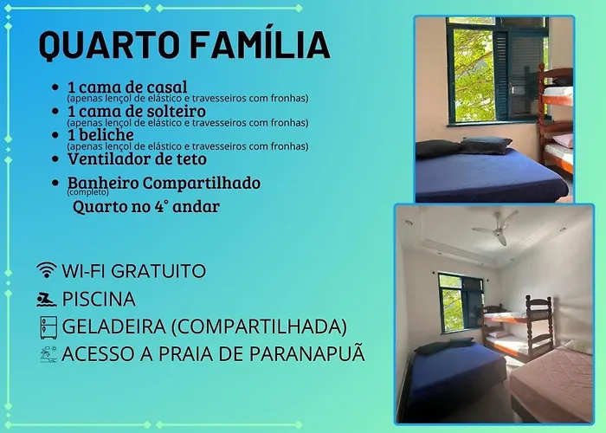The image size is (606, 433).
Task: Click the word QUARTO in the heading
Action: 109,45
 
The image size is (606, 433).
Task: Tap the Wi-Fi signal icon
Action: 47,270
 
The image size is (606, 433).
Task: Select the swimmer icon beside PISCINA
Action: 47,300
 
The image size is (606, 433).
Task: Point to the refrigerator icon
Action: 48,327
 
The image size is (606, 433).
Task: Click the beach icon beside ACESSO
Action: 48,354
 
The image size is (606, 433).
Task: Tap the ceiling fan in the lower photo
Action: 496,228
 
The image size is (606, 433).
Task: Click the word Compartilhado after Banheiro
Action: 202,184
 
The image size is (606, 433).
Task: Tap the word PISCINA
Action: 99,300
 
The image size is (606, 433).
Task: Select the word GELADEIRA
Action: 113,326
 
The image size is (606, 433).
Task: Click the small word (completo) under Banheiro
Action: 87,191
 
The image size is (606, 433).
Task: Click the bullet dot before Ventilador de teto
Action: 55,158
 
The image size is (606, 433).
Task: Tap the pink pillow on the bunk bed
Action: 564,140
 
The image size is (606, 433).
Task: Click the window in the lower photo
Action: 461,303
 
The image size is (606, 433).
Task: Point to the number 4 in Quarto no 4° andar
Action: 158,206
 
